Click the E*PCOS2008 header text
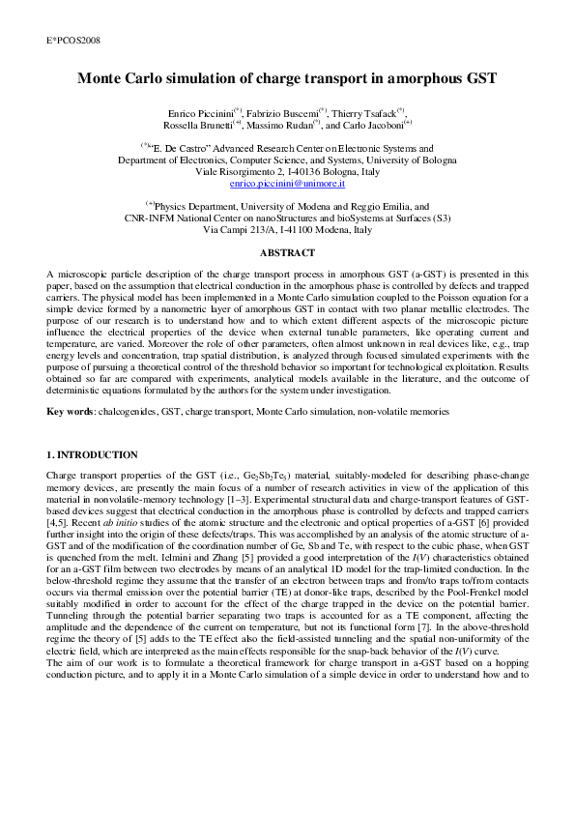[73, 41]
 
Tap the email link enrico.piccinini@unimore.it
[287, 183]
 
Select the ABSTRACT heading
[287, 252]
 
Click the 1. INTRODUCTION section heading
[92, 454]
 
